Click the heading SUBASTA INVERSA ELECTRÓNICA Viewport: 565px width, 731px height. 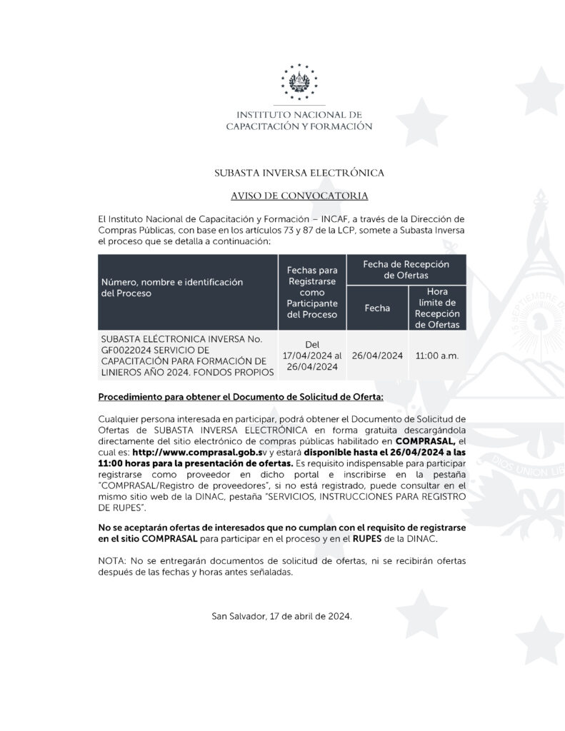299,173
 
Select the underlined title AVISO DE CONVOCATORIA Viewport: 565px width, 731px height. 299,196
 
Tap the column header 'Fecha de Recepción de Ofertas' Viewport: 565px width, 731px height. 406,269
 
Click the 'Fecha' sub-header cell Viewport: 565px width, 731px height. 376,308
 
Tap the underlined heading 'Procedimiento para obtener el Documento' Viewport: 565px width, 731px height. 244,396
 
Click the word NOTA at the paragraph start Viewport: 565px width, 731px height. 112,561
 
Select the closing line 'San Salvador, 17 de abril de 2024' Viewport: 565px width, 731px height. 282,615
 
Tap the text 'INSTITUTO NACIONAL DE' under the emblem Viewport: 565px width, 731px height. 299,114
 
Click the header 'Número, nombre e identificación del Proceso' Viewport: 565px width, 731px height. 172,288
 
